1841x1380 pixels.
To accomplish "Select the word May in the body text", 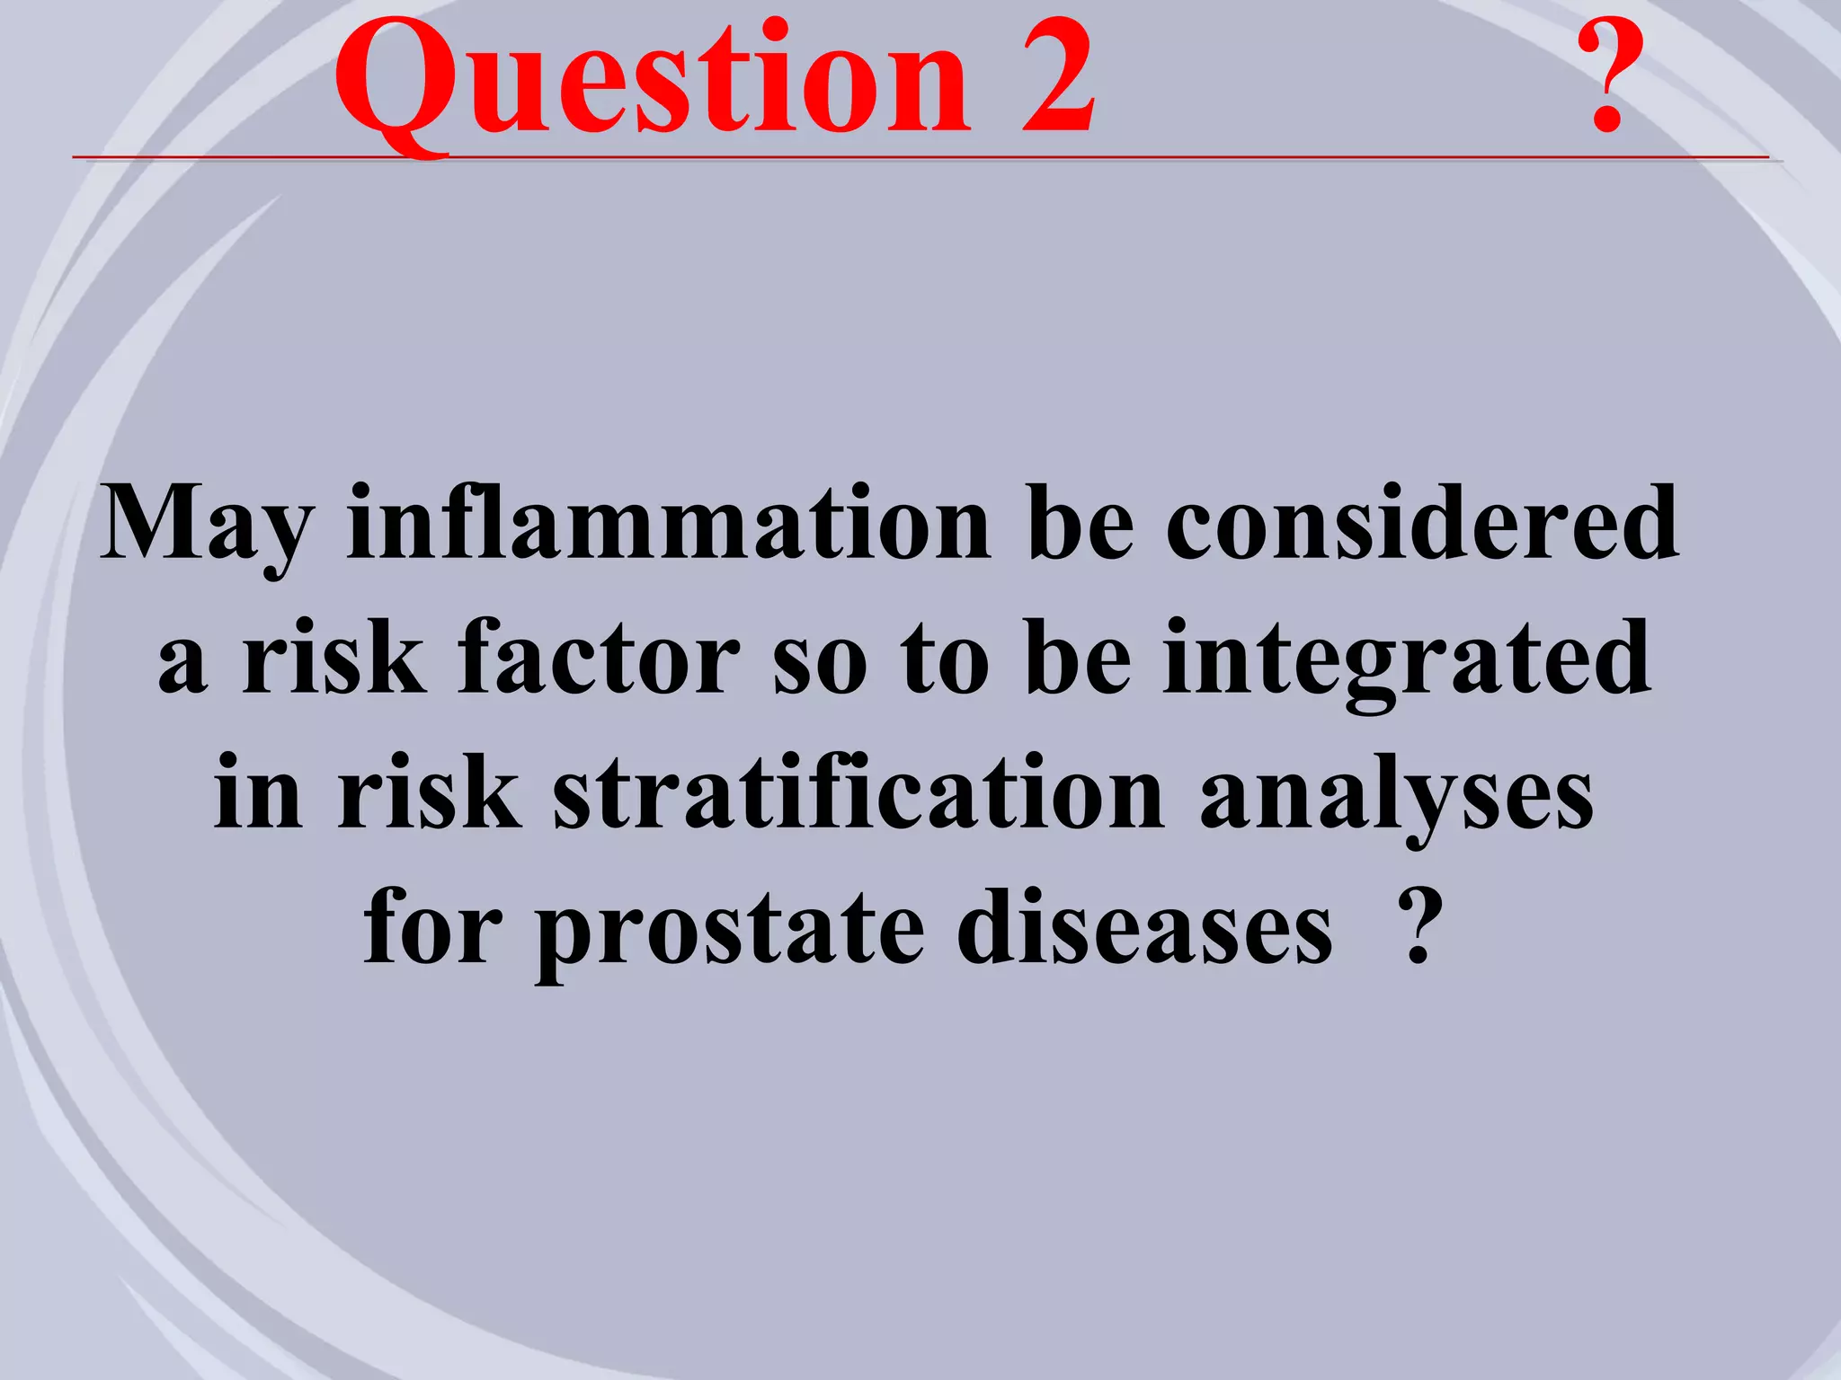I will [x=207, y=526].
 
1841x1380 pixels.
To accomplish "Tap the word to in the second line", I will [x=945, y=661].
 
